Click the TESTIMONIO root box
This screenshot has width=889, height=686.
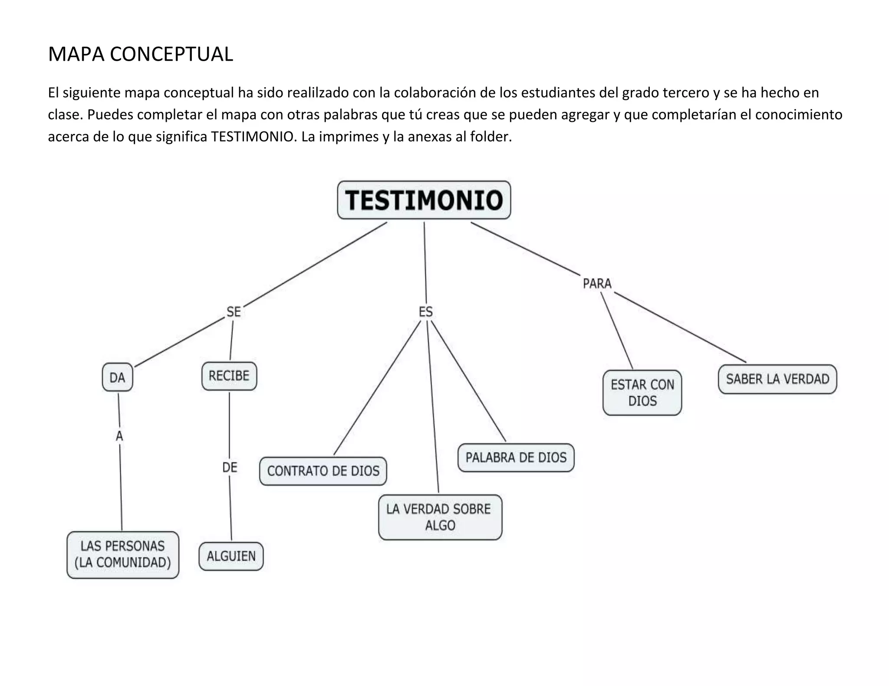coord(424,200)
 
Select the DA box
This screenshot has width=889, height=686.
coord(117,378)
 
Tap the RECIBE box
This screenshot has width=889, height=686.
coord(229,376)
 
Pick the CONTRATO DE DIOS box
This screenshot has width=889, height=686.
coord(323,471)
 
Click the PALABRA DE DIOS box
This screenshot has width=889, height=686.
coord(516,457)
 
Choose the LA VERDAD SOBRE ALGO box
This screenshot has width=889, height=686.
coord(440,517)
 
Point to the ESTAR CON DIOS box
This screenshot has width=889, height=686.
coord(642,392)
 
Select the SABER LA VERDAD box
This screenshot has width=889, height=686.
coord(777,379)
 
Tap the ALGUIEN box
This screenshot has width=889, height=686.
coord(231,556)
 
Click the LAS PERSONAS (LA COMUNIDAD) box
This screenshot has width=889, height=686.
coord(123,555)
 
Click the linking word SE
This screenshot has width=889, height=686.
coord(234,312)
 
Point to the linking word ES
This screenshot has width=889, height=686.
coord(426,312)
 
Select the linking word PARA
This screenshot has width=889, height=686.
coord(597,284)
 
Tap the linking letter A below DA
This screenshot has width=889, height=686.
coord(119,436)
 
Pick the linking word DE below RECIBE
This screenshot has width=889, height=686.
coord(230,467)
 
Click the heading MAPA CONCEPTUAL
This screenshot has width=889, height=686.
coord(140,54)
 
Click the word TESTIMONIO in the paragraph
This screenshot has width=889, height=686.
coord(252,137)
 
